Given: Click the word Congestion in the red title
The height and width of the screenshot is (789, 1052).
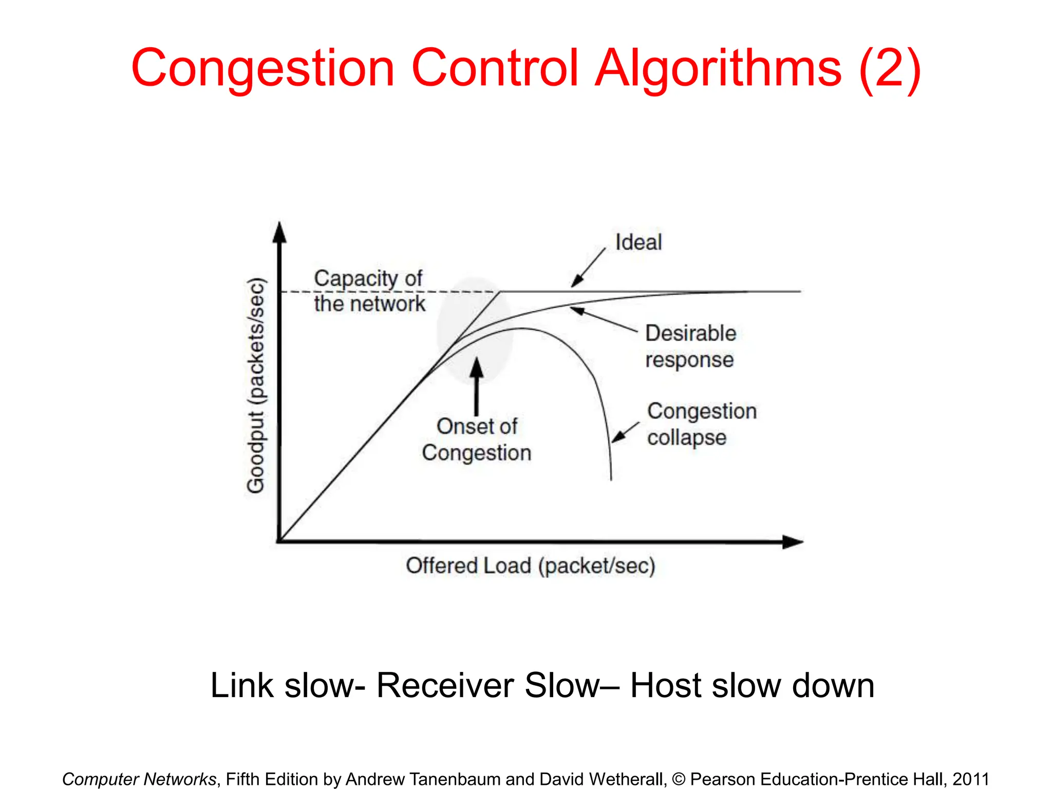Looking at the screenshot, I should [262, 68].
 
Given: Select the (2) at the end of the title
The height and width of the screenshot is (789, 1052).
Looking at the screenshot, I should [890, 68].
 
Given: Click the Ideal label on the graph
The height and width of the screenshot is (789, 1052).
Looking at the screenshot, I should [638, 242].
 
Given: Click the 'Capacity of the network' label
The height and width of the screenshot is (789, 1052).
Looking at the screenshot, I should [369, 291].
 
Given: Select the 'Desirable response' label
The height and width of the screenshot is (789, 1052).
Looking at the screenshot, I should [690, 346].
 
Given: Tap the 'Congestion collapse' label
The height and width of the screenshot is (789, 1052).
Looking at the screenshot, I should [702, 424].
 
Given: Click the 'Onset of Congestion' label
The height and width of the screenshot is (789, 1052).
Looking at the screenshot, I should [477, 440].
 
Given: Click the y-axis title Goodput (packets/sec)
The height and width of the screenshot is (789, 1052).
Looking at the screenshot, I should [256, 385].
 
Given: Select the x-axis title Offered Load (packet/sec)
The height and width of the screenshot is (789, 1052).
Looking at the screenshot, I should [531, 566].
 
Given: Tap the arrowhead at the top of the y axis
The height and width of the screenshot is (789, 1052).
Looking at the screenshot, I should [279, 232].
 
